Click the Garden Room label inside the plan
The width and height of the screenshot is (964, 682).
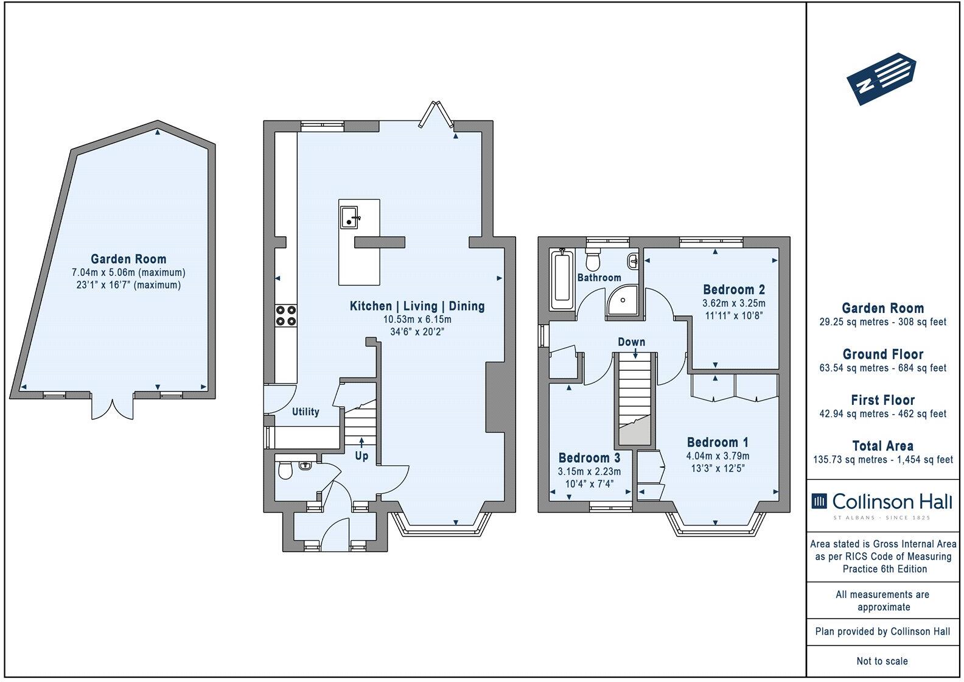pyautogui.click(x=128, y=259)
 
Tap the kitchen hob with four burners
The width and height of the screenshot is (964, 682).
pyautogui.click(x=286, y=315)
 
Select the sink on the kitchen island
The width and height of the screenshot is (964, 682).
pyautogui.click(x=349, y=217)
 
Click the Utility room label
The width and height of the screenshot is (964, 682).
pyautogui.click(x=306, y=412)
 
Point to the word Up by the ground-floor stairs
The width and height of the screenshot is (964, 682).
pyautogui.click(x=361, y=455)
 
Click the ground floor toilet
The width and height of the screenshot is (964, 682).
pyautogui.click(x=284, y=471)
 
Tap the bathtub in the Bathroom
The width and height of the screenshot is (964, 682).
pyautogui.click(x=561, y=280)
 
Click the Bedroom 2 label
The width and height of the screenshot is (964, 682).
pyautogui.click(x=733, y=290)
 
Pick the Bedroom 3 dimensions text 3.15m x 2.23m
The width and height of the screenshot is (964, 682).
pyautogui.click(x=589, y=471)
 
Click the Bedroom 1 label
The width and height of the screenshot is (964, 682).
pyautogui.click(x=718, y=443)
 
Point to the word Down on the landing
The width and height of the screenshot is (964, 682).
pyautogui.click(x=631, y=342)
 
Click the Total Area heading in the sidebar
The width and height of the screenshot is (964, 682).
pyautogui.click(x=882, y=446)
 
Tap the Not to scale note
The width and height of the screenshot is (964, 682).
pyautogui.click(x=882, y=661)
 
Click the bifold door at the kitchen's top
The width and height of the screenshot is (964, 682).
pyautogui.click(x=438, y=115)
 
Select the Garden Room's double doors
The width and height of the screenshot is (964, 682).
pyautogui.click(x=111, y=408)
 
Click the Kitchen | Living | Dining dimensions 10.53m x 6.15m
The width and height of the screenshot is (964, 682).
pyautogui.click(x=417, y=320)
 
